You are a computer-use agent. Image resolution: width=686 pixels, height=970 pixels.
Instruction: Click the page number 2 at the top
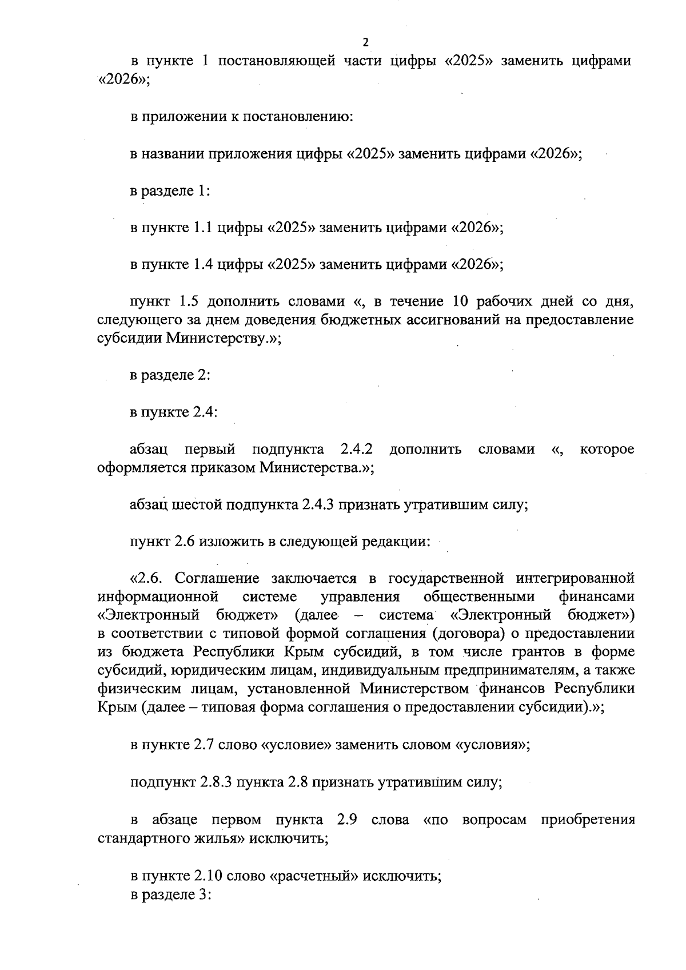coord(365,42)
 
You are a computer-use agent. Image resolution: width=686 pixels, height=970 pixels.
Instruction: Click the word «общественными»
coord(479,597)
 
